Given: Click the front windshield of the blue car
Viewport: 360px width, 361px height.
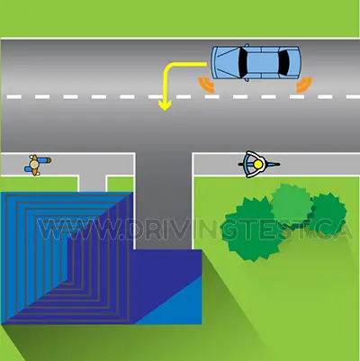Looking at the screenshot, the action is coord(243,62).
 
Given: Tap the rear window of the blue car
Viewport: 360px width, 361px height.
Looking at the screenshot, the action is coord(283,62).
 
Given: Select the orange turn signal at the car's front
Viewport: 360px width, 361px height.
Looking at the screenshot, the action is coord(206,85).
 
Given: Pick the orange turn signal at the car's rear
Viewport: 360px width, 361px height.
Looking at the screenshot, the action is coord(304,85).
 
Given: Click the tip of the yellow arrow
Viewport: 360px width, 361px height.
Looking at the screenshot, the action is coord(165,111).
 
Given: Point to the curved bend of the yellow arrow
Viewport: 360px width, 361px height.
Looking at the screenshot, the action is coord(167,67).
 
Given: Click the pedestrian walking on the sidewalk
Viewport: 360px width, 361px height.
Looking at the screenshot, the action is coord(38,165).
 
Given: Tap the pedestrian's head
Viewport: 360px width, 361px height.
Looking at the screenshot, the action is coord(34,165).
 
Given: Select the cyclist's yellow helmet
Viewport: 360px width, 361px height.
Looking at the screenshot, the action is coord(257,165).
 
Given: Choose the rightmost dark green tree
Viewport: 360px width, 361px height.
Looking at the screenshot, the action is coord(328,214).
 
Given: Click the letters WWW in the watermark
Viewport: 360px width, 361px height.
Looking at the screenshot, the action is coord(80,230).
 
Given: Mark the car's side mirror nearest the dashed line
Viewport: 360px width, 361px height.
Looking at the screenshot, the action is coord(247,80).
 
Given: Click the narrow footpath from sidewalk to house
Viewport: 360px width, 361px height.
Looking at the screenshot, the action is coord(93,184).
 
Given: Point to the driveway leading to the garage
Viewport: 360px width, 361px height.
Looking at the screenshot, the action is coord(164,201).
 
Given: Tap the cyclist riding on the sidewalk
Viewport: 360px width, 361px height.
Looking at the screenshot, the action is coord(258,165).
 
